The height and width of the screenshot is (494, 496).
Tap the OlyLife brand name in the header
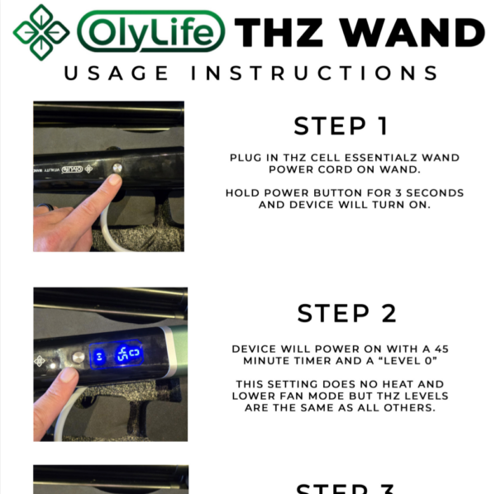(150, 32)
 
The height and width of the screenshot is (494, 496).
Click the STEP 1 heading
(341, 126)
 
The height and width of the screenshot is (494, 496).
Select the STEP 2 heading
(346, 313)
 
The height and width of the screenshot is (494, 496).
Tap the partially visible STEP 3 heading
(346, 487)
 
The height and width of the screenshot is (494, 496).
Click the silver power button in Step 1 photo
(117, 168)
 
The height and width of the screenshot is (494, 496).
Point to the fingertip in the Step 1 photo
(109, 183)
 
